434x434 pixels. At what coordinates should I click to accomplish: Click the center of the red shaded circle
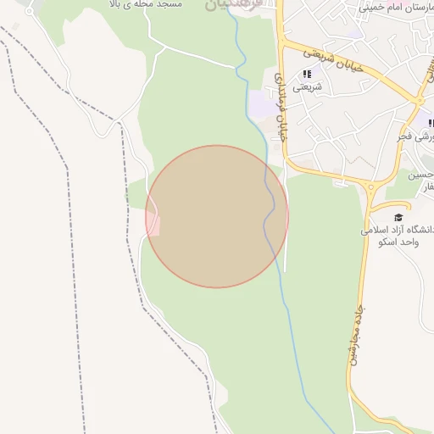(217, 216)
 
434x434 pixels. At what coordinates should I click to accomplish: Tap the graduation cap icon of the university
(398, 218)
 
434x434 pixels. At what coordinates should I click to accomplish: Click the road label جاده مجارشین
(355, 336)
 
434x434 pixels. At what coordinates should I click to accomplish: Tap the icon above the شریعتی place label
(307, 74)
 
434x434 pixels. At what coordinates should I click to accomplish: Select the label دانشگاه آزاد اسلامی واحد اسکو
(398, 235)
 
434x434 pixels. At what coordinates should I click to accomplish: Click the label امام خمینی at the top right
(398, 6)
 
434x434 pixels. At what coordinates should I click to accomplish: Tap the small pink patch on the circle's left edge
(153, 223)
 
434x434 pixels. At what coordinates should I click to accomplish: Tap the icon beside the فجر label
(430, 124)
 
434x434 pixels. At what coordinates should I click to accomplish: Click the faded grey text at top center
(229, 5)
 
